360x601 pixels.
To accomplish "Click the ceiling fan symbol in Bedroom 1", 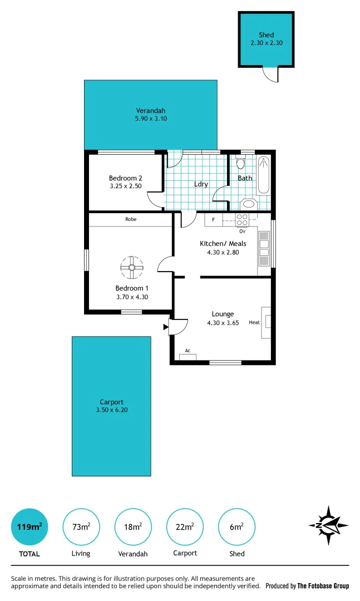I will pyautogui.click(x=132, y=268).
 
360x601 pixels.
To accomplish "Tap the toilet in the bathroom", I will pyautogui.click(x=240, y=163).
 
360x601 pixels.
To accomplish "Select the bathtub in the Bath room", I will pyautogui.click(x=264, y=175).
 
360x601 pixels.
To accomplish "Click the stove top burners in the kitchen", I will pyautogui.click(x=243, y=220).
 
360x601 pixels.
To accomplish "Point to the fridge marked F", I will pyautogui.click(x=213, y=220).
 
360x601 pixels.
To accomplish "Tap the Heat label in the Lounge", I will pyautogui.click(x=254, y=322).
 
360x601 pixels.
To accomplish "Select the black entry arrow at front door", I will pyautogui.click(x=165, y=327).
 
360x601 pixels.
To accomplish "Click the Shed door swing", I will pyautogui.click(x=269, y=75).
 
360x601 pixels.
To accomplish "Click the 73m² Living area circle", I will pyautogui.click(x=81, y=526).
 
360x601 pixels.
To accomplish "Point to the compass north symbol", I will pyautogui.click(x=328, y=525).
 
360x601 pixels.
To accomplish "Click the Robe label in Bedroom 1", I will pyautogui.click(x=131, y=219).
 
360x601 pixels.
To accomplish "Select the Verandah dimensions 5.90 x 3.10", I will pyautogui.click(x=151, y=119).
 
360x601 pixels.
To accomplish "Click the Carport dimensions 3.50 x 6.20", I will pyautogui.click(x=111, y=410).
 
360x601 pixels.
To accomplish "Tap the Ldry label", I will pyautogui.click(x=201, y=184).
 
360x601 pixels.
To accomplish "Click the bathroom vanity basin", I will pyautogui.click(x=249, y=204).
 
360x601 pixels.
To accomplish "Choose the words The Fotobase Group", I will pyautogui.click(x=323, y=586).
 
